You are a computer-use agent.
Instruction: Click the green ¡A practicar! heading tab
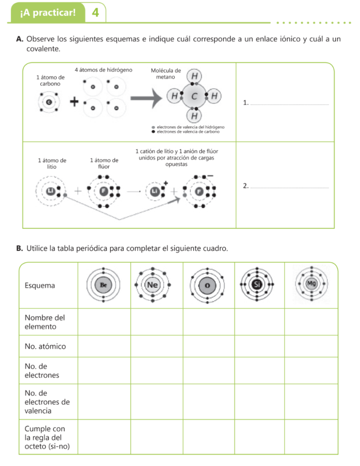pyautogui.click(x=48, y=13)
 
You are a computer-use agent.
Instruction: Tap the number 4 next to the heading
pyautogui.click(x=95, y=12)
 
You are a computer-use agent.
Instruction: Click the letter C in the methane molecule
pyautogui.click(x=194, y=96)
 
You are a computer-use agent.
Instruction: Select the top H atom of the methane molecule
pyautogui.click(x=194, y=76)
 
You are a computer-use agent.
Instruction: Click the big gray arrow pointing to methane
pyautogui.click(x=146, y=98)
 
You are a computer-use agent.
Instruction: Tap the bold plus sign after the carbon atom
pyautogui.click(x=74, y=102)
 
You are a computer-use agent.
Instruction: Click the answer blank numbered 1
pyautogui.click(x=290, y=104)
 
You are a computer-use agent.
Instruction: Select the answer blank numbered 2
pyautogui.click(x=290, y=187)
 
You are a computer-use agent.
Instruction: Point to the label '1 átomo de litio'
pyautogui.click(x=52, y=163)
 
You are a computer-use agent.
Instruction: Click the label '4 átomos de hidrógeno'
pyautogui.click(x=103, y=70)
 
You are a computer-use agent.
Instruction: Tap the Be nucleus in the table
pyautogui.click(x=103, y=285)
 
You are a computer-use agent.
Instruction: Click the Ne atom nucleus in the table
pyautogui.click(x=152, y=285)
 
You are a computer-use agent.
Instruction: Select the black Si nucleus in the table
pyautogui.click(x=257, y=284)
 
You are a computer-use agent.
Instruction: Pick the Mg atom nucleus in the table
pyautogui.click(x=311, y=283)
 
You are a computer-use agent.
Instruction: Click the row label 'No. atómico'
pyautogui.click(x=45, y=346)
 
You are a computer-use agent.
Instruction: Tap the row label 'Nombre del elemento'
pyautogui.click(x=45, y=322)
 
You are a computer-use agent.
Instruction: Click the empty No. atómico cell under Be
pyautogui.click(x=104, y=346)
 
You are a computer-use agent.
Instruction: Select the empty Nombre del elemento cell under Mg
pyautogui.click(x=311, y=322)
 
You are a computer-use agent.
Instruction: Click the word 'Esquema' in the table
pyautogui.click(x=40, y=286)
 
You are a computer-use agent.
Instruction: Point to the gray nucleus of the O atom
pyautogui.click(x=207, y=285)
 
